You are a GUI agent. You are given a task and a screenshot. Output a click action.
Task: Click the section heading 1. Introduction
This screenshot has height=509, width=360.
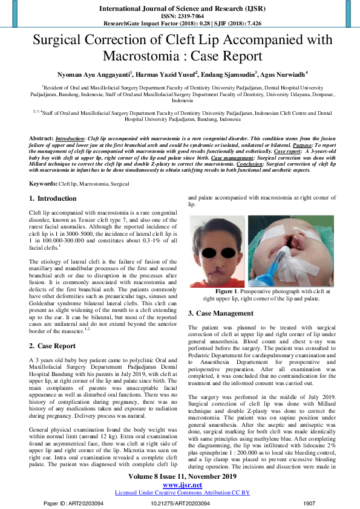[53, 198]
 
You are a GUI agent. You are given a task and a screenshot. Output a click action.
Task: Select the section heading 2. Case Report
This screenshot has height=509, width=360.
[53, 346]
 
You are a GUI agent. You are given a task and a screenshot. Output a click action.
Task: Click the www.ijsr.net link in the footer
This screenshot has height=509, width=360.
[180, 485]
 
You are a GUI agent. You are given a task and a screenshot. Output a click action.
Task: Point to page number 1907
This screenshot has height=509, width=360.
[309, 503]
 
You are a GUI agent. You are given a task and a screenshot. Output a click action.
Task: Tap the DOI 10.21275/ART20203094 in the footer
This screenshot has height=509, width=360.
[180, 503]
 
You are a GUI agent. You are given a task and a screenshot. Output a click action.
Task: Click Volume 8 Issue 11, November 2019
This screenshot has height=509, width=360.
[180, 477]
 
